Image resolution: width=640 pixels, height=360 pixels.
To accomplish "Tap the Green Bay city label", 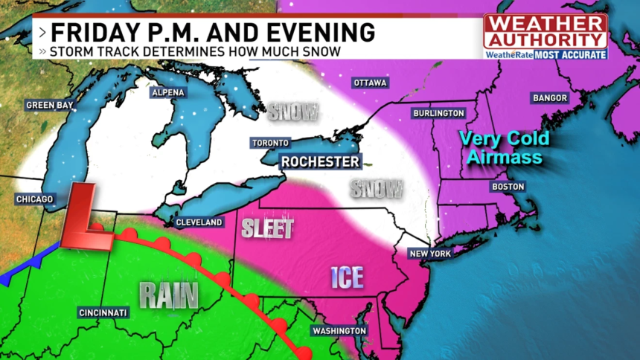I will (49, 106).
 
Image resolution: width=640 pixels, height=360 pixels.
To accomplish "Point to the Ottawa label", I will (370, 83).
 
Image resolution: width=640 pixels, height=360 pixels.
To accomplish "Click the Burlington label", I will (438, 113).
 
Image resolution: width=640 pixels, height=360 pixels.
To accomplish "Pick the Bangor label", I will (550, 98).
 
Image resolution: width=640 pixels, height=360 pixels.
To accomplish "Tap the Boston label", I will (508, 187).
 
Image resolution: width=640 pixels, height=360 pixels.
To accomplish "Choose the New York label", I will (430, 254).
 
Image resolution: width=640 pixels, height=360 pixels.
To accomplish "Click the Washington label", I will (339, 330).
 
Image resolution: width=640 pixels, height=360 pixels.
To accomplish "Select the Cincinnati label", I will (103, 312).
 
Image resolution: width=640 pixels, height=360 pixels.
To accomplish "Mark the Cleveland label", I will (199, 222).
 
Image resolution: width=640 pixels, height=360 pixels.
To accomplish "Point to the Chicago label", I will (35, 199).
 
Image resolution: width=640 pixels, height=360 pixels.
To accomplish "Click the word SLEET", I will (268, 229).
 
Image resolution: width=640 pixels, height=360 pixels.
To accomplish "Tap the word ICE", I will (348, 277).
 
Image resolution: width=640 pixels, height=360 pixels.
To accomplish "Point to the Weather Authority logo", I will (545, 36).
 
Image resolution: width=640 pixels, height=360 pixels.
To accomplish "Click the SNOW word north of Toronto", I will (294, 112).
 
